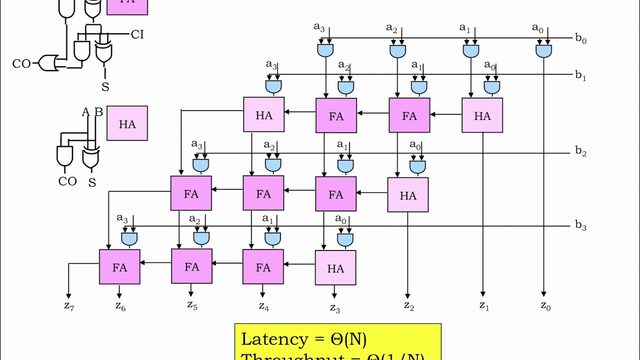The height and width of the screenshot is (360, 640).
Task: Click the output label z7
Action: [69, 306]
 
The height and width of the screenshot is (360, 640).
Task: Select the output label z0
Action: [545, 306]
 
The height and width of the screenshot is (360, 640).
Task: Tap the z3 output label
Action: [334, 307]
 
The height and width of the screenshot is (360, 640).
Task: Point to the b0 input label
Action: [580, 38]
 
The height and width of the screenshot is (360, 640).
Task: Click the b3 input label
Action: [580, 225]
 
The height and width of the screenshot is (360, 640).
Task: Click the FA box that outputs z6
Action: [119, 267]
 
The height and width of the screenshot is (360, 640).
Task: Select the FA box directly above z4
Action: [263, 267]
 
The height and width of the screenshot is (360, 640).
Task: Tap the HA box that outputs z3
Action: [335, 268]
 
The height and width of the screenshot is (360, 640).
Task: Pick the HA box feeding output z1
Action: [482, 115]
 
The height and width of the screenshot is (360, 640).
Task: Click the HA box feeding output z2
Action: [408, 195]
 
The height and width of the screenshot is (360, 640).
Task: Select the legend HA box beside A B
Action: [127, 123]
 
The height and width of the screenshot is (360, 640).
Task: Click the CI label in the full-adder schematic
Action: [137, 34]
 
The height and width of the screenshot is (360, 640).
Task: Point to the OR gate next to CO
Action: [48, 63]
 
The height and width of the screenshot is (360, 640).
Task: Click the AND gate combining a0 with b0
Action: [543, 50]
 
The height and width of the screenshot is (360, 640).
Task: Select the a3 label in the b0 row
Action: [319, 27]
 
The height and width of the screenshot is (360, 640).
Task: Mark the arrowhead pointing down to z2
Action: [407, 296]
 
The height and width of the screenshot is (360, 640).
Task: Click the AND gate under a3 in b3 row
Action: [129, 239]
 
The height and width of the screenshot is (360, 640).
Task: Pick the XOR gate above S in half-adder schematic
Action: [91, 158]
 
